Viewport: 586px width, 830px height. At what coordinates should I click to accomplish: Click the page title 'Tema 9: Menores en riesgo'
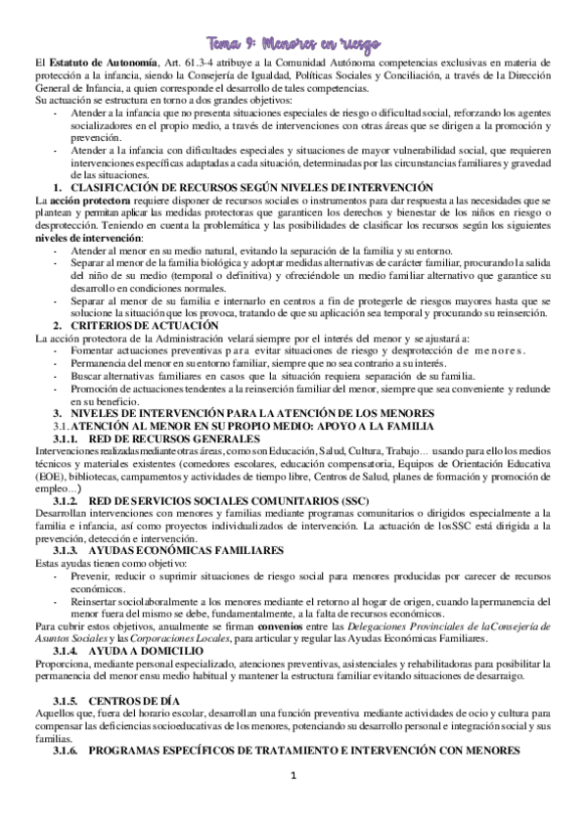[292, 43]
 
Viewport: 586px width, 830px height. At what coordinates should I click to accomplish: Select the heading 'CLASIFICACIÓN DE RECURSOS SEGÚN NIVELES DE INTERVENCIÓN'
[250, 187]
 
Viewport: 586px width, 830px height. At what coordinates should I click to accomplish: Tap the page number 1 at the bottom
[293, 804]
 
